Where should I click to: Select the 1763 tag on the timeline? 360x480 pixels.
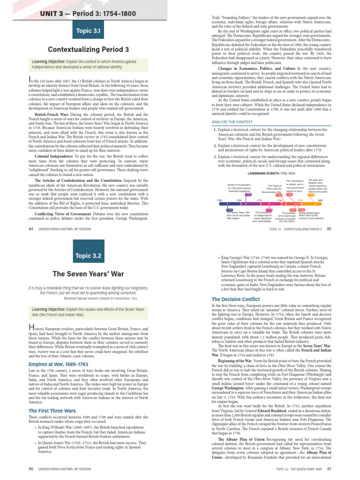pos(248,195)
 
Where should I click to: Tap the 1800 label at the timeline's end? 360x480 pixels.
pos(320,201)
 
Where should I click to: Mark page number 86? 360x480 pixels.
pos(30,468)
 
